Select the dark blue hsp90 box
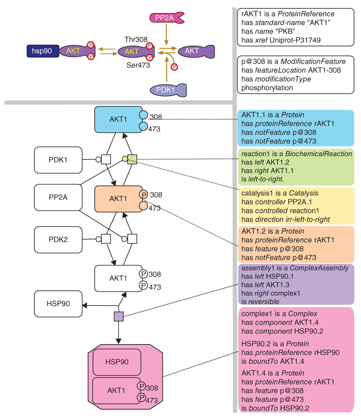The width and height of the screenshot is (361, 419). coord(43,51)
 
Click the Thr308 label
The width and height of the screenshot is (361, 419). coord(136,40)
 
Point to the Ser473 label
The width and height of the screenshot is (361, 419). coord(138,65)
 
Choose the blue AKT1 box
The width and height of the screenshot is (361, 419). coord(119,120)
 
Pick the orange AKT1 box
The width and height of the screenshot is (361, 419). coord(119,199)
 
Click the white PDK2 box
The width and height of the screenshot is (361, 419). coord(58,239)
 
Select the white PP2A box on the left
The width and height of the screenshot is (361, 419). coord(58,197)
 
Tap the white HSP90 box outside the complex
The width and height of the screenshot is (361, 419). coord(58,304)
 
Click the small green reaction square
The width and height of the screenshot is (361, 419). coord(132,159)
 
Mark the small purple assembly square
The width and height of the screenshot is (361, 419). coord(119,316)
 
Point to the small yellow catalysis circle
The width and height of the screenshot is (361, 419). coord(125,159)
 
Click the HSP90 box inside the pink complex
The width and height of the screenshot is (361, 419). coord(117,362)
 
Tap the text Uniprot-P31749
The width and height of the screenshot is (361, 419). coord(295,40)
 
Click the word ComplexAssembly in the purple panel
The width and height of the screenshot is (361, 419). coord(319,268)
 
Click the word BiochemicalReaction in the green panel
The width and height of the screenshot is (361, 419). coord(319,154)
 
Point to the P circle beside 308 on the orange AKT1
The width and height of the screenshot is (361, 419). coord(143,194)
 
